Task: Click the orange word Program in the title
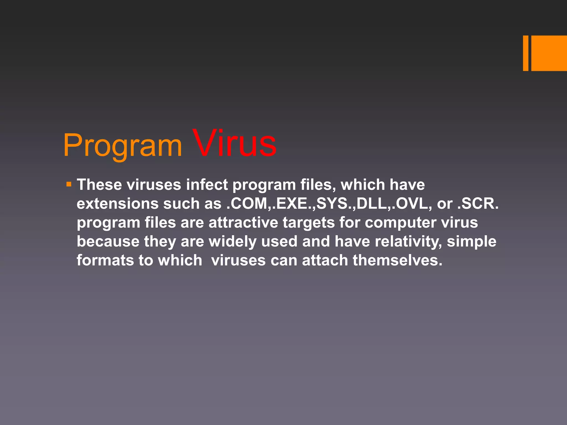(x=122, y=145)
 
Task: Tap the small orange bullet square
(x=69, y=184)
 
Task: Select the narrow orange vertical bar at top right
(x=525, y=53)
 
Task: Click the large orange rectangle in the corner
(x=549, y=53)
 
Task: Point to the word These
(x=99, y=185)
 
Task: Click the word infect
(x=207, y=185)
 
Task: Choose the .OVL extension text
(x=410, y=204)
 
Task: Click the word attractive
(x=243, y=222)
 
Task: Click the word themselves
(x=397, y=260)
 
